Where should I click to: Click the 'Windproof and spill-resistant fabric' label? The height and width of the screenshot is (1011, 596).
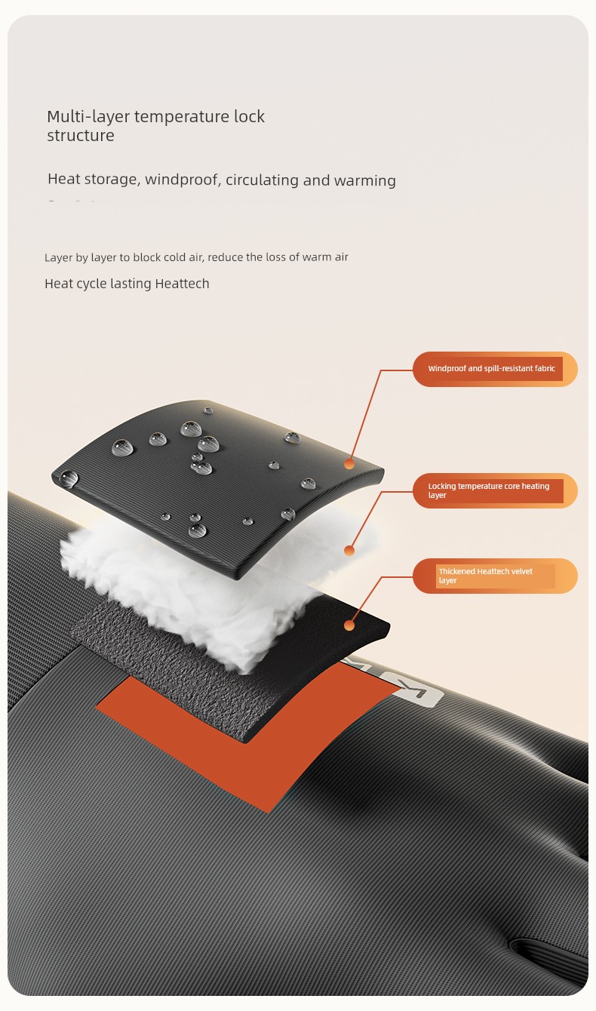tap(495, 369)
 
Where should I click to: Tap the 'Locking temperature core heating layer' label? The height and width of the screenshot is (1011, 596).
tap(495, 490)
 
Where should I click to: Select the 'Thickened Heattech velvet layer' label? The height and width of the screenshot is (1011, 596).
tap(495, 576)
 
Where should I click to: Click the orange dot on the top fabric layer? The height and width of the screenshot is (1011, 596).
tap(349, 464)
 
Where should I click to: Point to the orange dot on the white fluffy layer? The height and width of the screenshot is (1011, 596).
tap(349, 550)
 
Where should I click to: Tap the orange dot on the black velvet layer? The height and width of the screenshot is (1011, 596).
tap(349, 625)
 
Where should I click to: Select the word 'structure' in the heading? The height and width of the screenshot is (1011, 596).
tap(81, 135)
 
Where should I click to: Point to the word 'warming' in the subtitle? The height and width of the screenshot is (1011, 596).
tap(365, 180)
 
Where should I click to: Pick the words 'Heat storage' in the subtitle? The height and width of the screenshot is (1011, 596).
tap(94, 179)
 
